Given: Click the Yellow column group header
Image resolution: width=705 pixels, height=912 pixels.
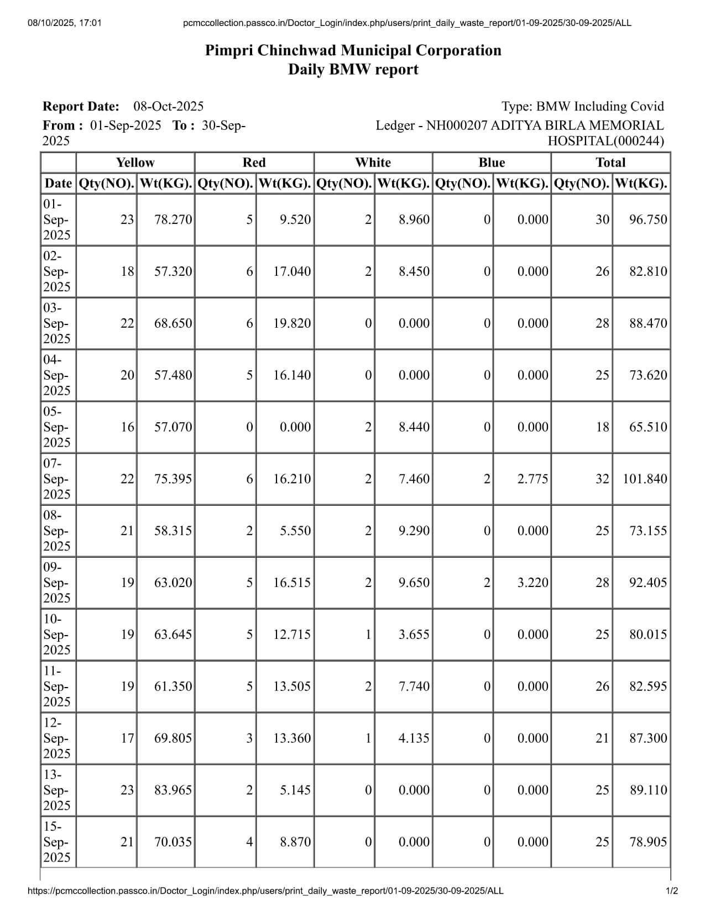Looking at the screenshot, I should point(135,163).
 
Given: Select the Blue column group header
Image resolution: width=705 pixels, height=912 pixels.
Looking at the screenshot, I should point(492,163).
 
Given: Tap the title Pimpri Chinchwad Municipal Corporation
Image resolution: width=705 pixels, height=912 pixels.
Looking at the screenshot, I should point(353,50).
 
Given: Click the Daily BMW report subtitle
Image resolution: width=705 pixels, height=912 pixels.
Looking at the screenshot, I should point(353,70).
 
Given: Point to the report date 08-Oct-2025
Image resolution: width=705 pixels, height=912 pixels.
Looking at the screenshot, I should point(169,106).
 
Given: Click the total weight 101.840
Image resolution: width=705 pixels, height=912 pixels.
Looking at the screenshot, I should point(645,479).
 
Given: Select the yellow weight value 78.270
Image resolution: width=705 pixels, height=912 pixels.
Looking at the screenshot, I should point(173,219).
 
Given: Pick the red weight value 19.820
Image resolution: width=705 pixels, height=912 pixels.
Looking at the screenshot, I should point(292,323).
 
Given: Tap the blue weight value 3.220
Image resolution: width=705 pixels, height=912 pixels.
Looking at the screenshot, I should point(532,583).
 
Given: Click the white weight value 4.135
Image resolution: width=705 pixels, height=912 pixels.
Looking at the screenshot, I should point(414,738).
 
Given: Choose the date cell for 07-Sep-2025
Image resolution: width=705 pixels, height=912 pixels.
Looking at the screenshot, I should point(57,479).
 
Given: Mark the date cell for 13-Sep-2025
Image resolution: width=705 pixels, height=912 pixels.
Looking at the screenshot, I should point(57,790).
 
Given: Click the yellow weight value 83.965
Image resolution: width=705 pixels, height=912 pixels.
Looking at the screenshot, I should point(173,790).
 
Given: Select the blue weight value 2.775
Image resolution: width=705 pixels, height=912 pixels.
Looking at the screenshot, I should point(532,479).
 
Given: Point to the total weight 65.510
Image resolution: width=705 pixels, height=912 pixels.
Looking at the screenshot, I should point(648,427).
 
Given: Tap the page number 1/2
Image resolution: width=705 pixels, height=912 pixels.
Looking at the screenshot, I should point(672,890).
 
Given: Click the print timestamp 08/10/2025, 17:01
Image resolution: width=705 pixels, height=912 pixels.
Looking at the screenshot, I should point(64,23).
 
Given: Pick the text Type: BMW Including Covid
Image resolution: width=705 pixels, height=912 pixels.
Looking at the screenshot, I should point(582,106).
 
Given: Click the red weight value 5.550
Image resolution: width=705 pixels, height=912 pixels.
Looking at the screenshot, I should point(295,531).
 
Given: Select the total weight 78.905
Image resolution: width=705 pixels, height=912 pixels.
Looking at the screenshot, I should point(648,842).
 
